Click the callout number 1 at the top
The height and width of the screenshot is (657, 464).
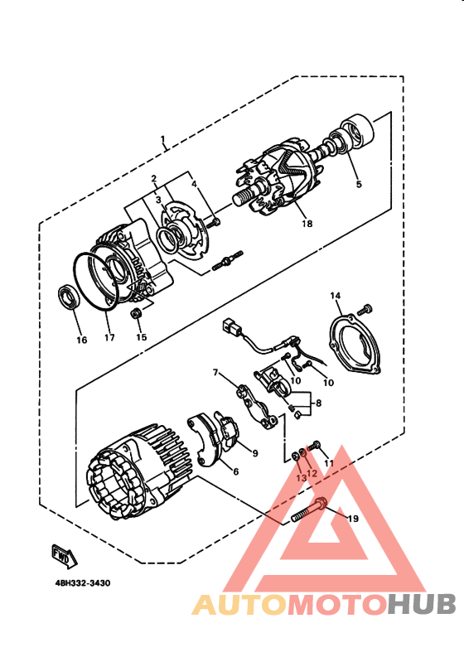162,138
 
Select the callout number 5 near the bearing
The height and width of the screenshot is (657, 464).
358,185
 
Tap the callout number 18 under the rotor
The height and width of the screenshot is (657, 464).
306,224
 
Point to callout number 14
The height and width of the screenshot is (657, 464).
336,296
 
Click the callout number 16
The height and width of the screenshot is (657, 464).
80,340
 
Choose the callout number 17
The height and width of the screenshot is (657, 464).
109,337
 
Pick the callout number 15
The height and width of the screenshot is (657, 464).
141,337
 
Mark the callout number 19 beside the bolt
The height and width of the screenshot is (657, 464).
351,519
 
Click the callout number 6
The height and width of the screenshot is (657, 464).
236,472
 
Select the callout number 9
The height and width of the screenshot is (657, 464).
255,453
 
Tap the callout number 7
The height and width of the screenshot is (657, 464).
215,373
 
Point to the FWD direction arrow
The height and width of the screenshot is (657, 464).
61,553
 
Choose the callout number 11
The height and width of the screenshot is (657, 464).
327,463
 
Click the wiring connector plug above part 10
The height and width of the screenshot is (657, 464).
230,330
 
